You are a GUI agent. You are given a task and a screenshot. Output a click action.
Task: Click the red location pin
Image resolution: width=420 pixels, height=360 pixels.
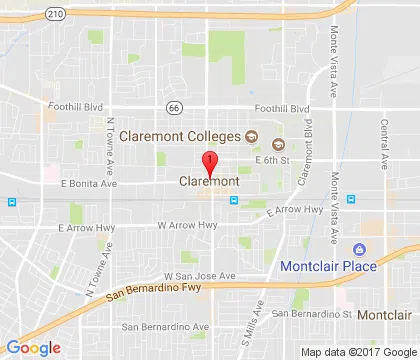(208, 163)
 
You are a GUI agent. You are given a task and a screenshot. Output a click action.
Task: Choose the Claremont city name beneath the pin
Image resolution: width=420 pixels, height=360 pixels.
(208, 182)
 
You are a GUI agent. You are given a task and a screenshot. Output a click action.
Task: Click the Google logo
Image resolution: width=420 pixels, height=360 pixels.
(33, 347)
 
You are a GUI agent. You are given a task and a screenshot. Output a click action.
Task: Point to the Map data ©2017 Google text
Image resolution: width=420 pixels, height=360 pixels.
(359, 351)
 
